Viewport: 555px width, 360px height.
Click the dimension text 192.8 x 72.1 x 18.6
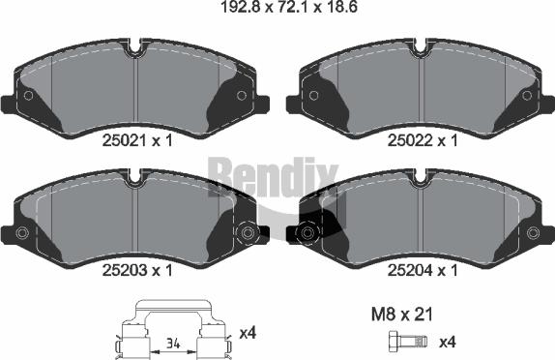click(x=289, y=7)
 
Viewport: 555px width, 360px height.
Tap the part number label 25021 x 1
click(x=137, y=140)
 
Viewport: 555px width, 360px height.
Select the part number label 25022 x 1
click(x=423, y=140)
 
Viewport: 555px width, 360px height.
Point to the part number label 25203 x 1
click(x=137, y=271)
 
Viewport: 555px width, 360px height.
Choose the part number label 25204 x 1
click(x=423, y=271)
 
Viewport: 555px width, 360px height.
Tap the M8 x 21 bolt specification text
click(x=402, y=315)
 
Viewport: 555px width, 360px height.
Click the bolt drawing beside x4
click(x=408, y=342)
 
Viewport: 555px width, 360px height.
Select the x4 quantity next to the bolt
click(x=448, y=343)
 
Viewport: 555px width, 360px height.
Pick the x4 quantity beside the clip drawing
click(x=248, y=333)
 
